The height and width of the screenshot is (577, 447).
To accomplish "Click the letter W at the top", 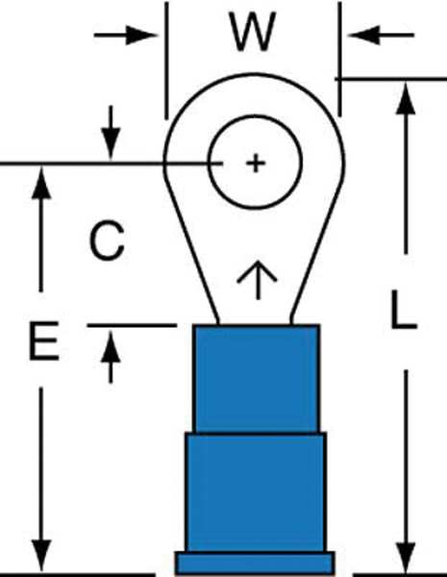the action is point(253,32).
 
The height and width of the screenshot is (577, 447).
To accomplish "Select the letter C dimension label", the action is point(107,240).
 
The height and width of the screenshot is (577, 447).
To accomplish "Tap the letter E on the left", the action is point(44,340).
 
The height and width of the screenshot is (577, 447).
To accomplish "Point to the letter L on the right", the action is point(403,309).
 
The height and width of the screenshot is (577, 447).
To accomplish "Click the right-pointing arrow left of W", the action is point(126,36).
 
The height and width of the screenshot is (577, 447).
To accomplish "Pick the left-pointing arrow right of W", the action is point(381,36).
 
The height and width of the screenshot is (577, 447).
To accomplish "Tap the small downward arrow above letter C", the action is point(111,133).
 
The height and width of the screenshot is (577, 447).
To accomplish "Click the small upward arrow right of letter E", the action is point(111,356).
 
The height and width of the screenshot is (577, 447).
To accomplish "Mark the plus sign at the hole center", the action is point(256,163).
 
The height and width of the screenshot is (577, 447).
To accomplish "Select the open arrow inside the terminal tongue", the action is point(258,280).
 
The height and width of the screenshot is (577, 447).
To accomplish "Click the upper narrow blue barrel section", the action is point(257,379).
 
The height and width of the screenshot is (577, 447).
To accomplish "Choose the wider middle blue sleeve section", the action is point(256,492).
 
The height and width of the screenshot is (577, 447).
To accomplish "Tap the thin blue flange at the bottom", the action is point(255,563).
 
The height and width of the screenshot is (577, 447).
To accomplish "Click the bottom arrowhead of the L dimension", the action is point(406,557).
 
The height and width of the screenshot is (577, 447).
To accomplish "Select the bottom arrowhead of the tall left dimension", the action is point(41,557).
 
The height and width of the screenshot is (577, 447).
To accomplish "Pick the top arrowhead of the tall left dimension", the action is point(41,183).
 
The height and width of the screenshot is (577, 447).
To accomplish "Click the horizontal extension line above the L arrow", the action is point(390,79).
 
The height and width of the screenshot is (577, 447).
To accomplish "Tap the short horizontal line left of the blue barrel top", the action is point(132,325).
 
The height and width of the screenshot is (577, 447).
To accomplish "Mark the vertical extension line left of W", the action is point(166,61).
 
